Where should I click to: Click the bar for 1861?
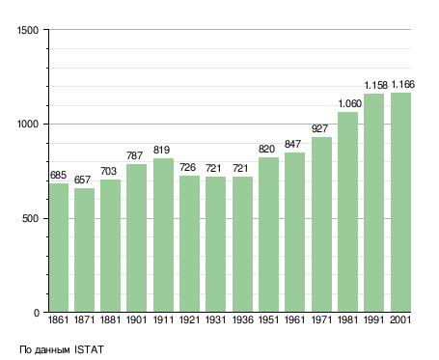59,247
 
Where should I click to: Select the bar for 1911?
163,235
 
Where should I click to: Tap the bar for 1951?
268,235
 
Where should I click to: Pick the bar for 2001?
400,203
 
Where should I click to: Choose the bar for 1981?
347,212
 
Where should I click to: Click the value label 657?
82,180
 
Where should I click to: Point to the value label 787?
134,155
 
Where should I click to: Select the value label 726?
187,167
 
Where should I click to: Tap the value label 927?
319,128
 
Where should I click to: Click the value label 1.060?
350,103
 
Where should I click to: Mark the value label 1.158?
376,85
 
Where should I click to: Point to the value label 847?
292,144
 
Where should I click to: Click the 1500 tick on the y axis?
28,30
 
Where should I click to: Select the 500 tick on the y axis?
30,218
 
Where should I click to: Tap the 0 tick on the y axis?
37,313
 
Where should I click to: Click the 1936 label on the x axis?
242,319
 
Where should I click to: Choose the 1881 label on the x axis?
110,319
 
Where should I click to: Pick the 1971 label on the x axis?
321,319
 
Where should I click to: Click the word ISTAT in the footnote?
89,349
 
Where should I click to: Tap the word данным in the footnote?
52,350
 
